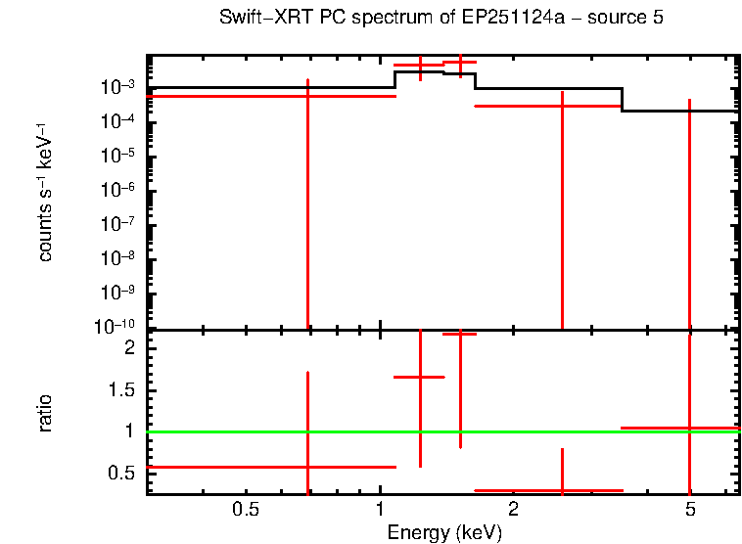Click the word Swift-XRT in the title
260,19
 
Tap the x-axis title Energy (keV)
444,533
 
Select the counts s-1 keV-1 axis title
45,210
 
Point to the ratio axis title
45,413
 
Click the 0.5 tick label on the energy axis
246,510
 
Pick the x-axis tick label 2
513,510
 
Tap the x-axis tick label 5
690,510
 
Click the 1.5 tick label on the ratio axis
124,390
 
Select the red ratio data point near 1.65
420,377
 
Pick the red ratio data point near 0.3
562,490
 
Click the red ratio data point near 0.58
307,467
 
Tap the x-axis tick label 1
380,510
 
